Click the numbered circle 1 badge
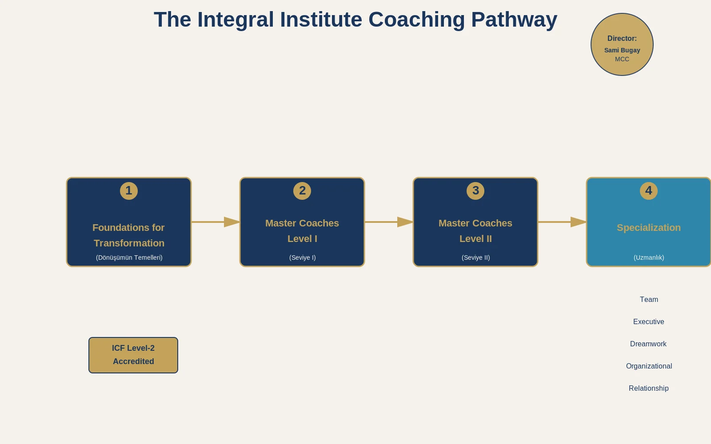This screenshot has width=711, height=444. (129, 191)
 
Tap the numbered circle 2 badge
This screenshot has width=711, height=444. (302, 191)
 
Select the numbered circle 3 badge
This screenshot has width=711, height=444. (475, 191)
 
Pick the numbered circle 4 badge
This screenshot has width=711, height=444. (649, 191)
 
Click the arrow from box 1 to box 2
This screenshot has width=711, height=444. (216, 222)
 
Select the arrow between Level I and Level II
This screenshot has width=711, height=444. (389, 222)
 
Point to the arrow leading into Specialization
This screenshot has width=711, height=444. (562, 222)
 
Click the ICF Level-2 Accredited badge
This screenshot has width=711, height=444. (133, 355)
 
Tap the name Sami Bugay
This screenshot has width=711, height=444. (622, 50)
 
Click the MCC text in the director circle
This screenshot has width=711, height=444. (622, 59)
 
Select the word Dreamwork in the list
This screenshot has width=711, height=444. (648, 344)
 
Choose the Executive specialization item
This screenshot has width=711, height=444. (649, 322)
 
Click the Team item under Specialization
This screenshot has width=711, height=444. (649, 300)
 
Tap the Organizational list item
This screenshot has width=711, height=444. (649, 366)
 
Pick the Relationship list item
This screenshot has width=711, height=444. (649, 388)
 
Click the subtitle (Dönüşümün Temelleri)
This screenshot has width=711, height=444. (129, 258)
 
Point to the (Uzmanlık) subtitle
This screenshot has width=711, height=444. (649, 258)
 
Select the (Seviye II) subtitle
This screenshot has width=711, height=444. (475, 258)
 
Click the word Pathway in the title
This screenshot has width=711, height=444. (514, 20)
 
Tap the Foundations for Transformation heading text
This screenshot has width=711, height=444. (129, 235)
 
